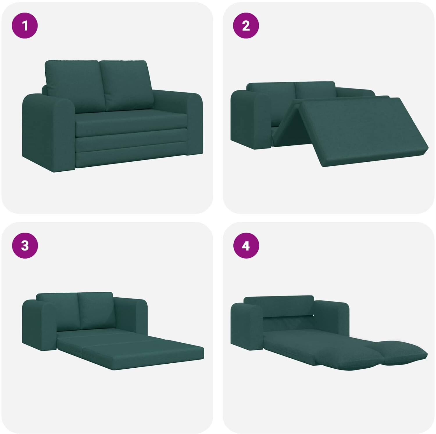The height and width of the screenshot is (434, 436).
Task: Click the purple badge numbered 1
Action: pyautogui.click(x=25, y=26)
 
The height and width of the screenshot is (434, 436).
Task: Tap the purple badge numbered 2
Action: pyautogui.click(x=246, y=26)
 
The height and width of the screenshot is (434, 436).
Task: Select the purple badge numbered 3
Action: pyautogui.click(x=25, y=246)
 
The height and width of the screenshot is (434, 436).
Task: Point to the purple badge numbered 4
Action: pyautogui.click(x=246, y=246)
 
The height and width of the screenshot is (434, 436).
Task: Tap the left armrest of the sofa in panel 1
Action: pyautogui.click(x=48, y=132)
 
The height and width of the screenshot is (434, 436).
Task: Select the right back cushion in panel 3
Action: pyautogui.click(x=96, y=310)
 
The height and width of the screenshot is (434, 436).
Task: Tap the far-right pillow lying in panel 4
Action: pyautogui.click(x=401, y=353)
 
